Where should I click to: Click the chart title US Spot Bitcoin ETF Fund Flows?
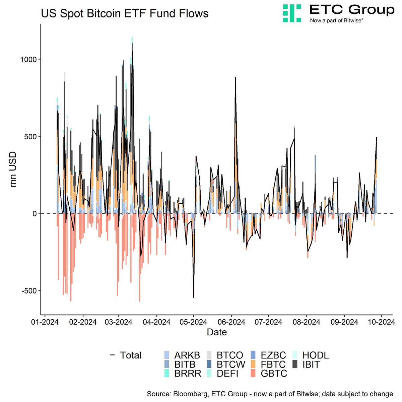[x=125, y=13]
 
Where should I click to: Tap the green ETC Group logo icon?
[x=292, y=13]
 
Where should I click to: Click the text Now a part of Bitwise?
[x=337, y=20]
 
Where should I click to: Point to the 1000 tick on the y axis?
[x=29, y=59]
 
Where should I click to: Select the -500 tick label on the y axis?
[x=28, y=290]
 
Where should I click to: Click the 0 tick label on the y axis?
[x=34, y=213]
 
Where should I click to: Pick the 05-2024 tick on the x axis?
[x=193, y=322]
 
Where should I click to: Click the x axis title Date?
[x=217, y=332]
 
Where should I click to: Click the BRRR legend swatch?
[x=166, y=374]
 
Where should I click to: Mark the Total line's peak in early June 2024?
[x=235, y=78]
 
